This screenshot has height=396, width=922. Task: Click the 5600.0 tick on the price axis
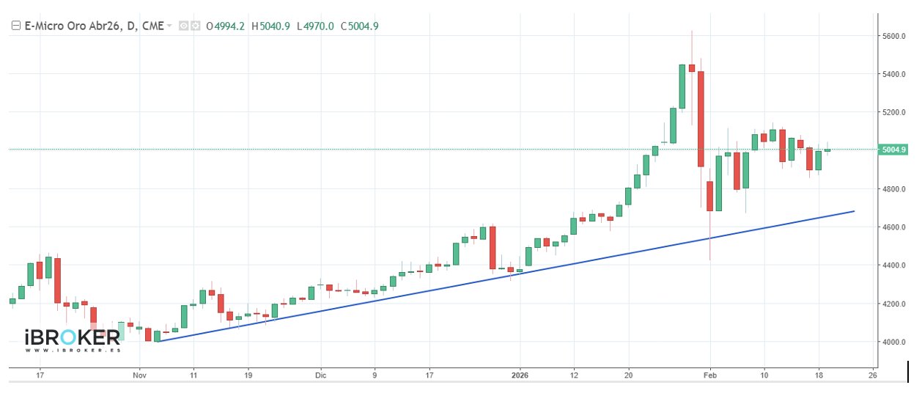click(894, 36)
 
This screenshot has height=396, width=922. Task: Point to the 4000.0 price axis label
click(894, 342)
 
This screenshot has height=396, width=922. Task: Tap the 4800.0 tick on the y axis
click(894, 189)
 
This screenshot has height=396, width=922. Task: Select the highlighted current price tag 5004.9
click(895, 150)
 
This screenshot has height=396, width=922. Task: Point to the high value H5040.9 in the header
click(270, 26)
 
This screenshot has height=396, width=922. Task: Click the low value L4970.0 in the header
click(315, 26)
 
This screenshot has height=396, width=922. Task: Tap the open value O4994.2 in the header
click(225, 26)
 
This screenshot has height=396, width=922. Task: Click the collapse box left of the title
click(15, 26)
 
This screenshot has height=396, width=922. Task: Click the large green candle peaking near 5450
click(682, 87)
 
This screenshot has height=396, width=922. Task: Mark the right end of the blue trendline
click(854, 211)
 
